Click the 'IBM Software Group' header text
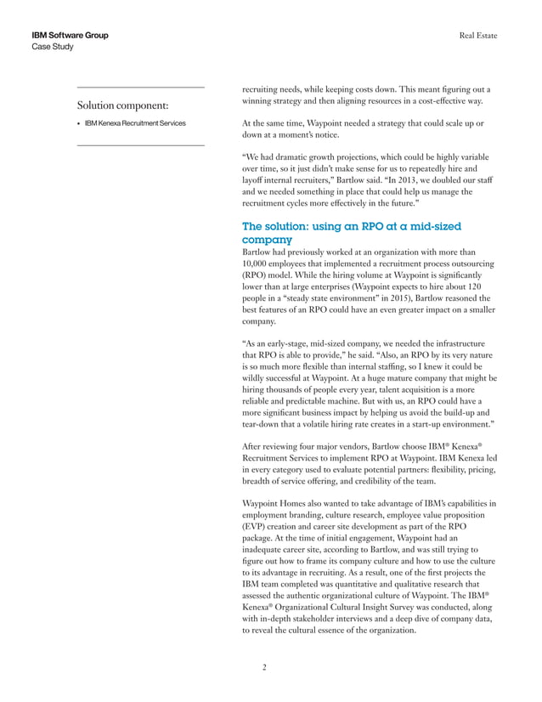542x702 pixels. [69, 35]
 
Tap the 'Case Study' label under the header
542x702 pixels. [52, 47]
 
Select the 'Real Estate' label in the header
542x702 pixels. [478, 35]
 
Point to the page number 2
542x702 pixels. [265, 667]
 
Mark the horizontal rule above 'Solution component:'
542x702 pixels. [140, 87]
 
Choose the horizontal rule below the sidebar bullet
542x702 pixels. [140, 145]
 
